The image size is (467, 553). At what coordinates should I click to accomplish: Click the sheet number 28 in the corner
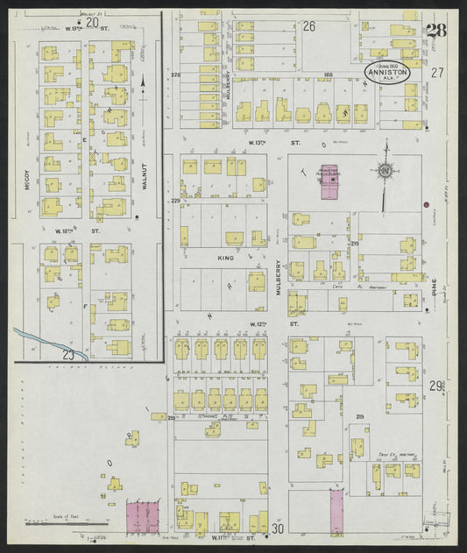pyautogui.click(x=435, y=32)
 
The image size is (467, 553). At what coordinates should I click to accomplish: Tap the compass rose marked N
pyautogui.click(x=385, y=170)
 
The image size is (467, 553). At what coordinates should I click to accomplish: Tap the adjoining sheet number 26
pyautogui.click(x=308, y=27)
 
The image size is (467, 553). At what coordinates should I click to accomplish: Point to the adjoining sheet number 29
pyautogui.click(x=436, y=386)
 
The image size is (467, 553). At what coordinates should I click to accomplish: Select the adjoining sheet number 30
pyautogui.click(x=278, y=528)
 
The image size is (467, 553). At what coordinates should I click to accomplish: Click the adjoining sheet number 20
pyautogui.click(x=89, y=23)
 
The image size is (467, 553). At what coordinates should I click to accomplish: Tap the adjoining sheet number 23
pyautogui.click(x=67, y=353)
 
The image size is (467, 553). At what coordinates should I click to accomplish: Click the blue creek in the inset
pyautogui.click(x=48, y=341)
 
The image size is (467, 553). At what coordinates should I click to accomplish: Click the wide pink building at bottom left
pyautogui.click(x=145, y=516)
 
